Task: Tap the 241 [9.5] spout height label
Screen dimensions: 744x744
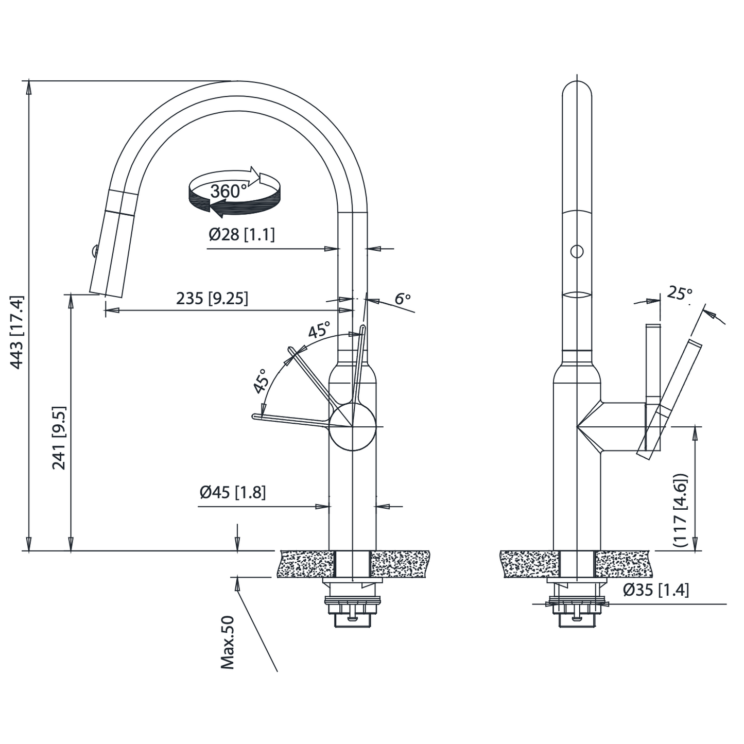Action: pyautogui.click(x=59, y=438)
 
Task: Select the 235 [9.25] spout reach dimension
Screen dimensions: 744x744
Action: pyautogui.click(x=212, y=298)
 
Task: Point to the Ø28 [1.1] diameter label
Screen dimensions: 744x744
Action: pyautogui.click(x=241, y=235)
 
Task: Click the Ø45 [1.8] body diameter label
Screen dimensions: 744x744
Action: pyautogui.click(x=233, y=493)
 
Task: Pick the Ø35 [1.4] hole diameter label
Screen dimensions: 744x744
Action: pyautogui.click(x=655, y=590)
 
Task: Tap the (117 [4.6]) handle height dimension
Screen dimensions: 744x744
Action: pyautogui.click(x=680, y=510)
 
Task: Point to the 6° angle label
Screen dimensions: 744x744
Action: pyautogui.click(x=403, y=299)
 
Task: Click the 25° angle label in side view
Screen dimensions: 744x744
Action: pyautogui.click(x=679, y=293)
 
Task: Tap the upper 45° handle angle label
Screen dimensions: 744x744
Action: pyautogui.click(x=319, y=330)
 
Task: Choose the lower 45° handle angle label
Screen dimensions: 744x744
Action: pyautogui.click(x=261, y=381)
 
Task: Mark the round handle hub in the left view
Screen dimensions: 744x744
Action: pyautogui.click(x=353, y=426)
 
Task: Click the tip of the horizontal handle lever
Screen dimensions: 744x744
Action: pyautogui.click(x=255, y=416)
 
